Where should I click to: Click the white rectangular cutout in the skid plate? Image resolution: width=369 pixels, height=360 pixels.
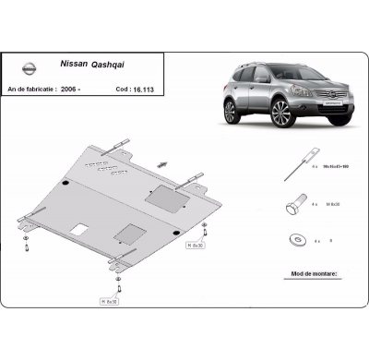coord(81,227)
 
